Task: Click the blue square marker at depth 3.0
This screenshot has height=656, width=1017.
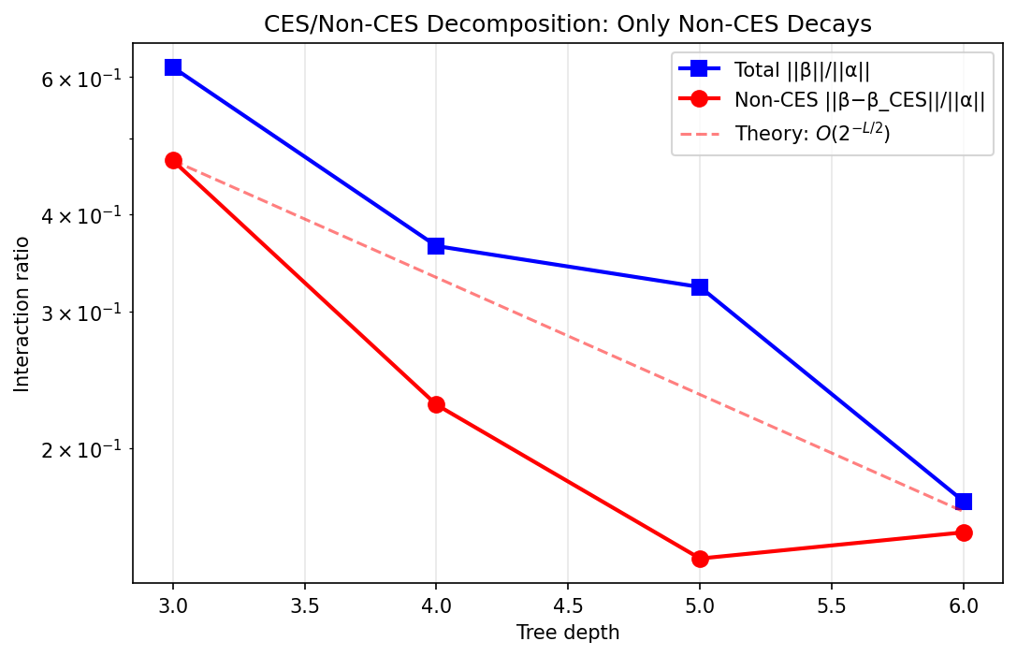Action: click(173, 67)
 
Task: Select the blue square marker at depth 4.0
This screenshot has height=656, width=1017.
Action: click(436, 246)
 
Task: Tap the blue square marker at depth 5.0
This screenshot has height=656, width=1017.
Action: click(700, 287)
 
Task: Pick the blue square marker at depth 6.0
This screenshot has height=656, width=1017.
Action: click(964, 502)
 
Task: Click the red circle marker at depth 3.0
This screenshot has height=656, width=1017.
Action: click(173, 160)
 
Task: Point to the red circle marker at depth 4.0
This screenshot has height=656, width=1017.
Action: click(436, 404)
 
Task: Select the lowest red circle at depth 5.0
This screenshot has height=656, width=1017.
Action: click(700, 559)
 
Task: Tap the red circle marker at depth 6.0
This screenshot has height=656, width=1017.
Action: click(964, 532)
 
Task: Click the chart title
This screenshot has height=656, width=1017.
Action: click(567, 24)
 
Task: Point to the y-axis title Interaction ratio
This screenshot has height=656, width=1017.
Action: click(22, 313)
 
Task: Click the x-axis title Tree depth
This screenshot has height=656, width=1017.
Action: click(567, 633)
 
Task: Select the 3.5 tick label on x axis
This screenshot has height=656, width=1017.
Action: click(305, 605)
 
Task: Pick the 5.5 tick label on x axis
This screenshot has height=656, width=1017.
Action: click(832, 605)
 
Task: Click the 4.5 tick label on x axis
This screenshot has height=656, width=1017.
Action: click(568, 605)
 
